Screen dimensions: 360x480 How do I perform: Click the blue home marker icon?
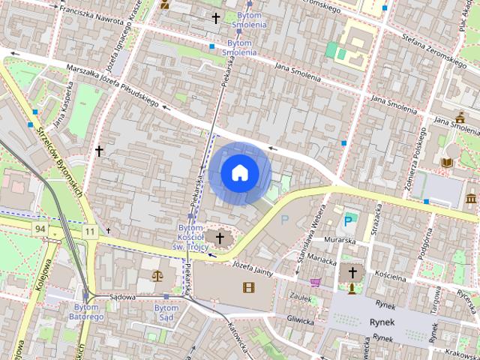(x=239, y=173)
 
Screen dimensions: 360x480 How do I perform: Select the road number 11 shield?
(x=90, y=232)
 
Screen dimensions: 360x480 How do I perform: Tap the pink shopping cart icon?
(x=316, y=283)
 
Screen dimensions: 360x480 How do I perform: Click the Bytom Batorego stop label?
(x=88, y=312)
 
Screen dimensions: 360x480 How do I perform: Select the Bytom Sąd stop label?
(x=166, y=312)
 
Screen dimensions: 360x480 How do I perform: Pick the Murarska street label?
(x=340, y=240)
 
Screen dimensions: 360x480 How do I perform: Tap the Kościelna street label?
(x=389, y=277)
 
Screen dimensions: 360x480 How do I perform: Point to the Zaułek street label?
(x=300, y=298)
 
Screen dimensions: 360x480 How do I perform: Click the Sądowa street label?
(x=121, y=297)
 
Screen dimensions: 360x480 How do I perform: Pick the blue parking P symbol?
(x=348, y=220)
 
